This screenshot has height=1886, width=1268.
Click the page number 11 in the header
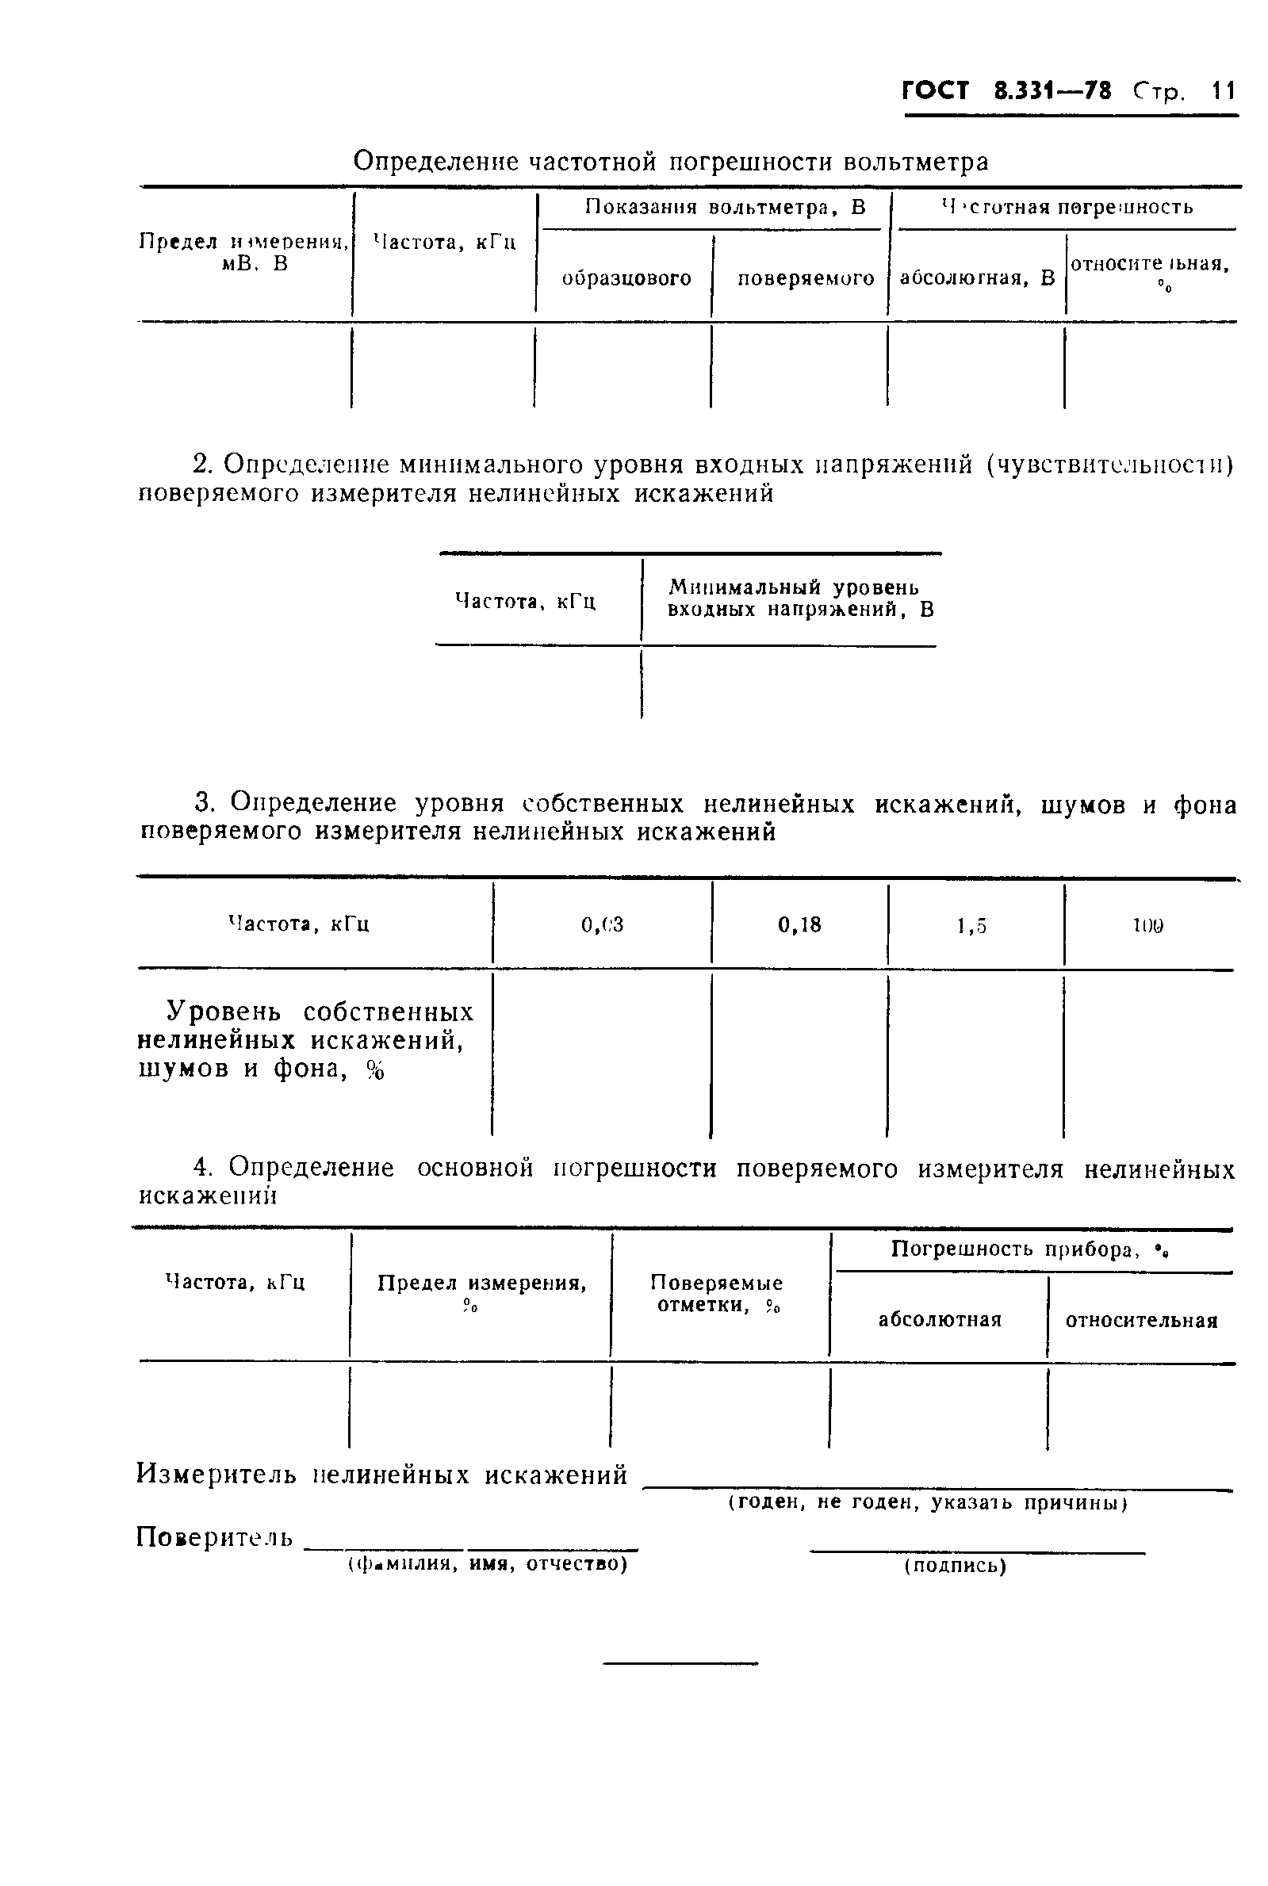[x=1223, y=90]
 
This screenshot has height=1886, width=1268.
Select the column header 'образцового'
[x=626, y=279]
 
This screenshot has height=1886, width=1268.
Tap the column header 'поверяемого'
[x=806, y=279]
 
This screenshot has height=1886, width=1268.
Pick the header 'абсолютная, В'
[x=977, y=279]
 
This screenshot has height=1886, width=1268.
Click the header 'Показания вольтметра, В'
[x=726, y=208]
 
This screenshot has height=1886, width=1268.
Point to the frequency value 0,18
[x=799, y=925]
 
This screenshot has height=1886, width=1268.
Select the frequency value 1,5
[x=972, y=927]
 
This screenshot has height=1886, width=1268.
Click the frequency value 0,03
[x=603, y=925]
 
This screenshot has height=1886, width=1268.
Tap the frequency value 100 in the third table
[x=1148, y=927]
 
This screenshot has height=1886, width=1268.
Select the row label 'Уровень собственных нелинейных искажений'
[x=305, y=1039]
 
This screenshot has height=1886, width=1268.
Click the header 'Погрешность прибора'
[x=1030, y=1249]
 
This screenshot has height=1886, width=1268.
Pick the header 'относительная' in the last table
[x=1141, y=1320]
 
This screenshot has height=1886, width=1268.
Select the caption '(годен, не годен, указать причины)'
[x=928, y=1503]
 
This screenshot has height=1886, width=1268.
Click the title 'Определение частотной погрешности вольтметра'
[x=670, y=163]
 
